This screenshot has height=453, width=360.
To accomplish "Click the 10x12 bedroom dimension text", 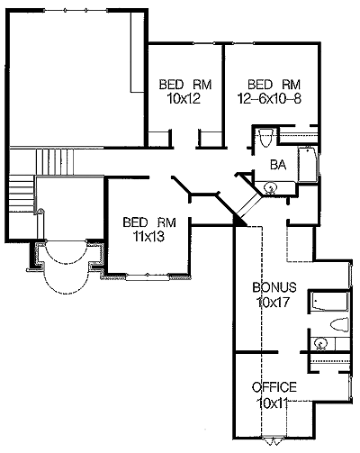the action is (x=184, y=99).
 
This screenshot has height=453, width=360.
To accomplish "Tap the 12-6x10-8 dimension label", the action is (x=269, y=98).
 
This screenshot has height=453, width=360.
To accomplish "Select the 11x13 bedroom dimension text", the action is (x=149, y=237).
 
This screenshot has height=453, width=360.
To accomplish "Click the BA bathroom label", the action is (x=278, y=165).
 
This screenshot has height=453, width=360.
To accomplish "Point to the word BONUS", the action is (x=274, y=287).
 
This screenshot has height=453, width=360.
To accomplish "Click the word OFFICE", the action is (x=274, y=387).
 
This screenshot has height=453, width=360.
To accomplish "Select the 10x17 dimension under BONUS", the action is (x=273, y=302).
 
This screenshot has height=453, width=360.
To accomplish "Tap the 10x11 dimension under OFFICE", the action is (x=273, y=403).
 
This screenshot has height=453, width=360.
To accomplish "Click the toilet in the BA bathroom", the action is (x=266, y=138).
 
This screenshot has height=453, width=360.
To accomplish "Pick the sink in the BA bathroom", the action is (x=270, y=188).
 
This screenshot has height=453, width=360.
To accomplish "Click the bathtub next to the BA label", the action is (x=308, y=165).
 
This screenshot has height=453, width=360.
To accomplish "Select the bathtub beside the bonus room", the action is (x=329, y=302).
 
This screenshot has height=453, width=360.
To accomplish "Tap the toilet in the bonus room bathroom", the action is (x=339, y=325).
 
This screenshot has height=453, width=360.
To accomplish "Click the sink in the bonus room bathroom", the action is (x=319, y=343).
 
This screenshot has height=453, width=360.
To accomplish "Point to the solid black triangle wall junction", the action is (x=239, y=221).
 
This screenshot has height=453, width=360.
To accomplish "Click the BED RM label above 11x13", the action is (x=149, y=222).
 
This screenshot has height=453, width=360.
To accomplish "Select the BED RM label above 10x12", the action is (x=185, y=85).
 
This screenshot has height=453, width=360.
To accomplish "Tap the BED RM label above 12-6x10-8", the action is (x=274, y=85).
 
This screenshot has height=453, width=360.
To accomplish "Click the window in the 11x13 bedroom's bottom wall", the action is (x=147, y=276).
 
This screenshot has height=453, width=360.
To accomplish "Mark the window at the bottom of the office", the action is (x=273, y=439).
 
